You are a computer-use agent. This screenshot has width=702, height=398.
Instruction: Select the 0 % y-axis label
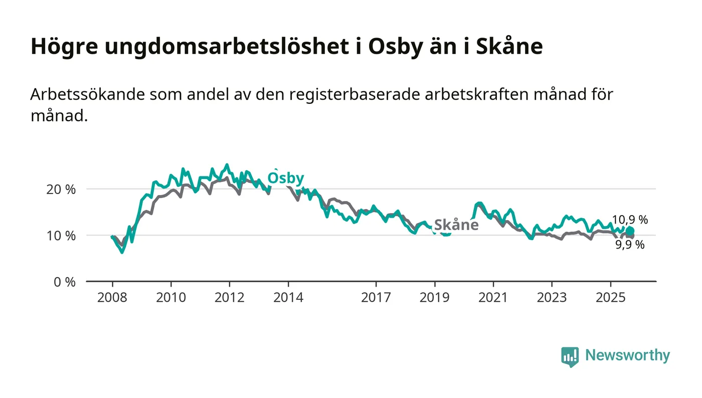pos(65,282)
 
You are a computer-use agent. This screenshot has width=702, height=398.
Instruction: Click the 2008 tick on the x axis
pos(112,297)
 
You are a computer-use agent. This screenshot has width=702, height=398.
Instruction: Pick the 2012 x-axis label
pos(230,297)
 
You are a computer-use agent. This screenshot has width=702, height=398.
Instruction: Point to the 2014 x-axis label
pos(288,297)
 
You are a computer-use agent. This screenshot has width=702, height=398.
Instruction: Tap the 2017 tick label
pos(376,297)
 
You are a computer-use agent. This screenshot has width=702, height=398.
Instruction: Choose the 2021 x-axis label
pos(493,297)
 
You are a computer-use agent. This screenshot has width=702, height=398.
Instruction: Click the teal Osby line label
pos(285,178)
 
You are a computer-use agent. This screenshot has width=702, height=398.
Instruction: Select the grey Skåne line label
pos(456,225)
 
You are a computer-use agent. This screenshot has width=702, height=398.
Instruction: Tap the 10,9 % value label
pos(630,220)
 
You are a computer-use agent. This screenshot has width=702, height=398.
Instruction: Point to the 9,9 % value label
pos(630,245)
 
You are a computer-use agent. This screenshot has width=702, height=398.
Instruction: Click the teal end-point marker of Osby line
pos(630,231)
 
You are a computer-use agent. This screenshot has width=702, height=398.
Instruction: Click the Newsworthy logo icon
pos(570,356)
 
